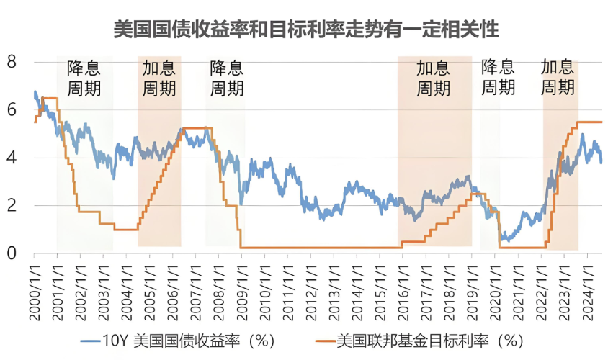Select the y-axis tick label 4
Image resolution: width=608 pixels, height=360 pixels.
click(12, 158)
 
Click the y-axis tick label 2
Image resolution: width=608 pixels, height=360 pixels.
click(12, 206)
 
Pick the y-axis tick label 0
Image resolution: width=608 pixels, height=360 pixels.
click(12, 253)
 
